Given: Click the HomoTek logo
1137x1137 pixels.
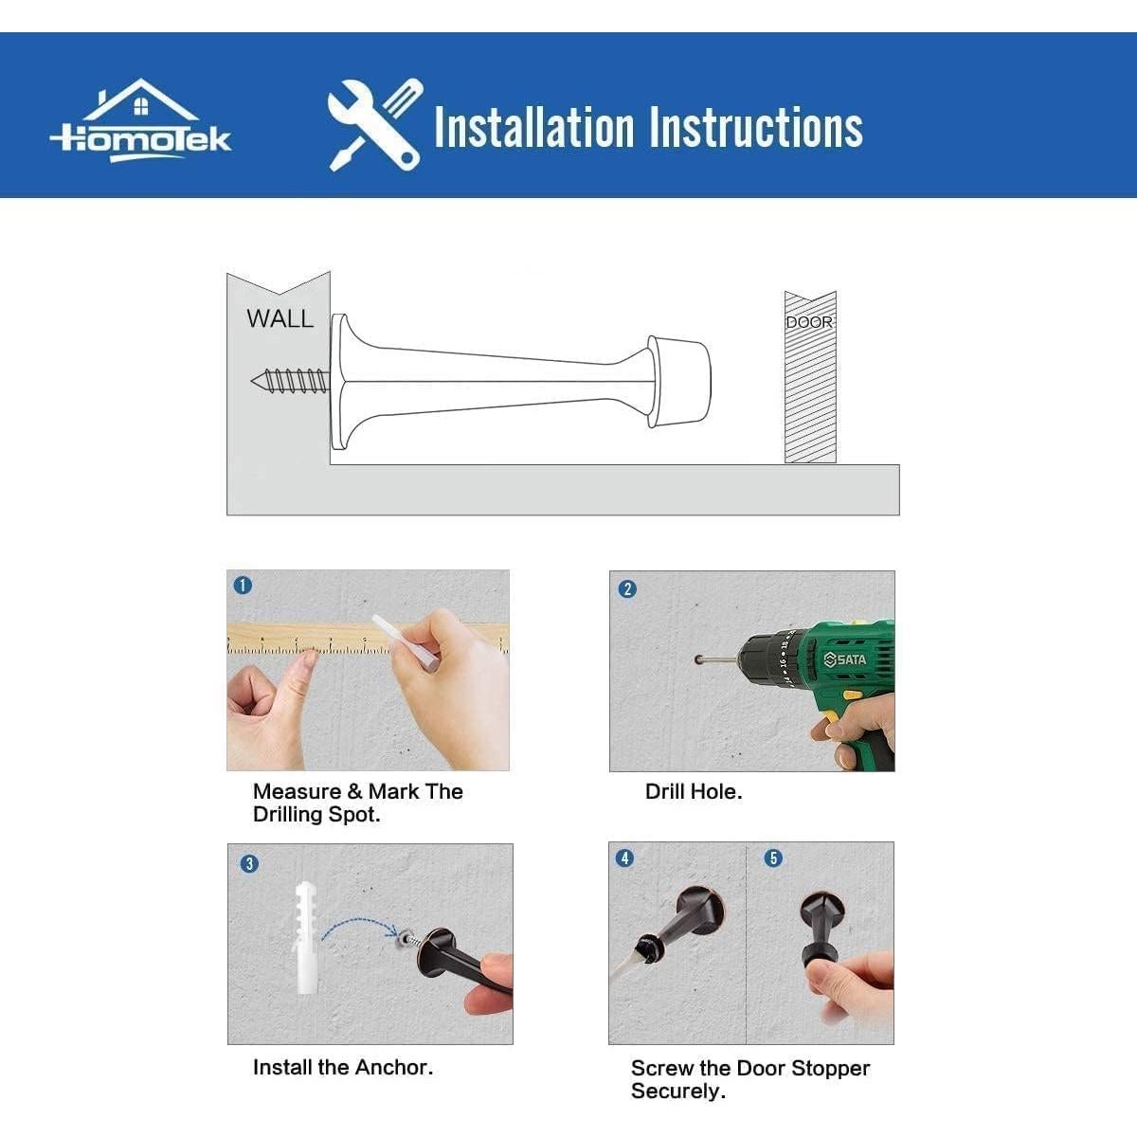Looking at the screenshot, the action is (141, 121).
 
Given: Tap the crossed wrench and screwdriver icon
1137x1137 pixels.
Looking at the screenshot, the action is (375, 125).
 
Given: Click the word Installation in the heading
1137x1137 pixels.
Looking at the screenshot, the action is (534, 127).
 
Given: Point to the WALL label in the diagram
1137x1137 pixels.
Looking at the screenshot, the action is (280, 318).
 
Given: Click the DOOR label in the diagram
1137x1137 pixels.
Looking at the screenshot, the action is (809, 322).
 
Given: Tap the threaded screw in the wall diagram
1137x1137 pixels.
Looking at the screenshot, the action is (290, 381).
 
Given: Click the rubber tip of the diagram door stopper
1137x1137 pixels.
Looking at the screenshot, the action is (679, 382).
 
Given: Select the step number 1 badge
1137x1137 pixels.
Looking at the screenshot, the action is (243, 586).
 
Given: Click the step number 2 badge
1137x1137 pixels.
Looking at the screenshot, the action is (627, 588).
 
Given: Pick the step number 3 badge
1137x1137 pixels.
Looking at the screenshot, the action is (249, 864).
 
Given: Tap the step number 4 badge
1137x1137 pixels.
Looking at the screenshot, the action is (624, 857).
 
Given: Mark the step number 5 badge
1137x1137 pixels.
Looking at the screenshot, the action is (773, 857).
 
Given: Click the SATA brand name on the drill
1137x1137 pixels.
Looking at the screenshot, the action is (845, 659).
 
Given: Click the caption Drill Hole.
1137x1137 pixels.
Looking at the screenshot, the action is (694, 792).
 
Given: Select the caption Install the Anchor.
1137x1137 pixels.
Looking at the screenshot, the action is (343, 1068).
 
